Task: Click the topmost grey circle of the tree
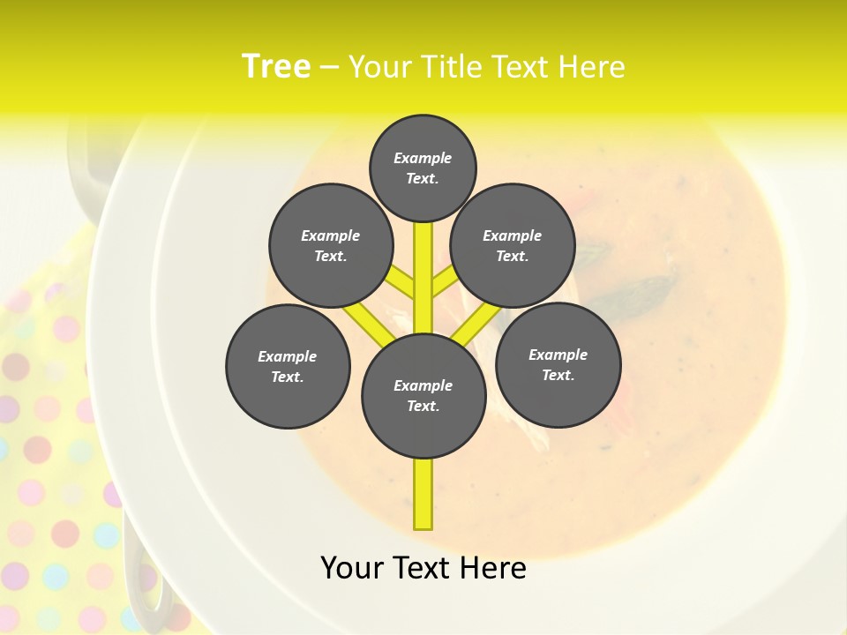[423, 168]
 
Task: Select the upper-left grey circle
[330, 245]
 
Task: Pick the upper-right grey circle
[513, 245]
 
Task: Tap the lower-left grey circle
[288, 366]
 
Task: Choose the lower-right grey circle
[558, 364]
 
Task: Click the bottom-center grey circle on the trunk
[423, 395]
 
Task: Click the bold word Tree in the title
[276, 66]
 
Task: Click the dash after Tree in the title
[329, 67]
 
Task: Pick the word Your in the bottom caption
[350, 567]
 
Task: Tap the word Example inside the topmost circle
[423, 158]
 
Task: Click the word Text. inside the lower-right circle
[558, 375]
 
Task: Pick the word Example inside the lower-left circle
[288, 356]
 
